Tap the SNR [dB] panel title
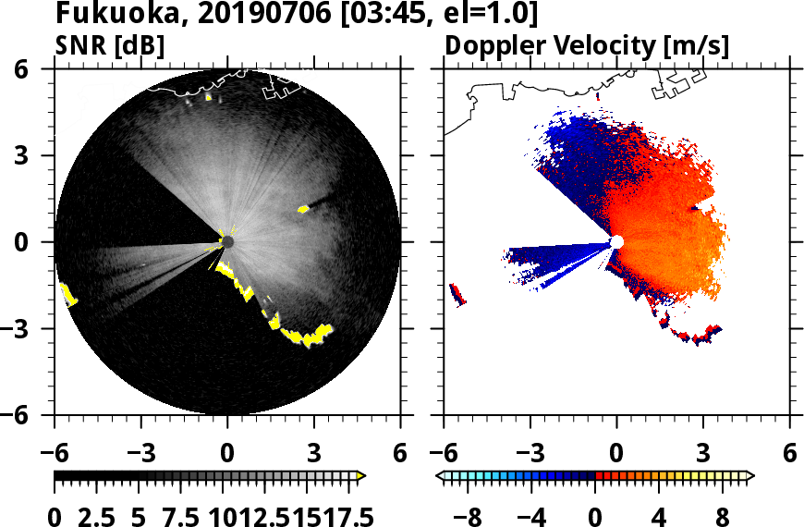pos(109,44)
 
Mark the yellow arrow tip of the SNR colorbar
pos(361,476)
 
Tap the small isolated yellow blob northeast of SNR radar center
pos(303,209)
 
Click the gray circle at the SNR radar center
pos(227,242)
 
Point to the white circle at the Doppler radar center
pos(617,242)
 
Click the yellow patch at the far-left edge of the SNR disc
pos(68,295)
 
